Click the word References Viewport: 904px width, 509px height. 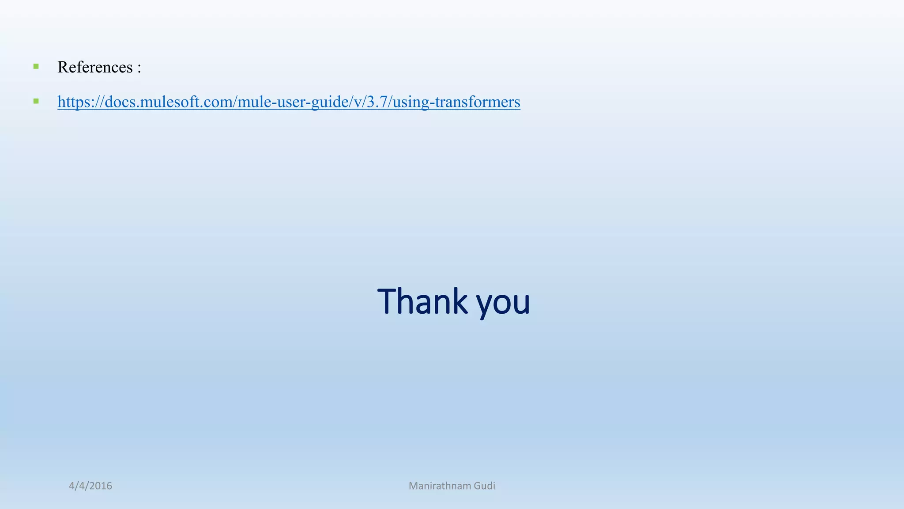tap(95, 67)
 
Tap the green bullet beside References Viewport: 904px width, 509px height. tap(36, 67)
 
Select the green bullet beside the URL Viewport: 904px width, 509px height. tap(36, 102)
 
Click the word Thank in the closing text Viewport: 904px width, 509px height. tap(422, 301)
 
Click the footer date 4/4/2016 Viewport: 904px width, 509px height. tap(90, 486)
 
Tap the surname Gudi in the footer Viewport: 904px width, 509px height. tap(485, 486)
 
